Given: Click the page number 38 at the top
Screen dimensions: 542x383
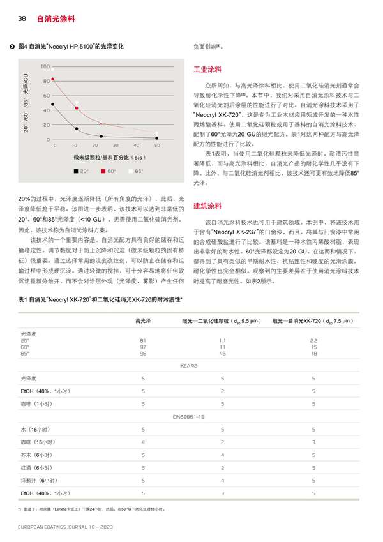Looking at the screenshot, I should click(x=20, y=19).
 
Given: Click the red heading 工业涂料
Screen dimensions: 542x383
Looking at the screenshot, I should click(x=207, y=68).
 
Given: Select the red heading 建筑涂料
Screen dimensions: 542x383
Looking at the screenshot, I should click(x=207, y=206).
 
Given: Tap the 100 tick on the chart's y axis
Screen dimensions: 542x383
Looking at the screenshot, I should click(x=45, y=67).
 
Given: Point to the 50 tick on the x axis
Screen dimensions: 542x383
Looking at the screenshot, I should click(x=157, y=146).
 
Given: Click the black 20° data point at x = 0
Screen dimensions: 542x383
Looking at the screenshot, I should click(x=54, y=104).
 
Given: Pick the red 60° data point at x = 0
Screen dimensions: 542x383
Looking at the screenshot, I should click(x=54, y=79).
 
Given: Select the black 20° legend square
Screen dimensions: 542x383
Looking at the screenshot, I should click(x=75, y=171).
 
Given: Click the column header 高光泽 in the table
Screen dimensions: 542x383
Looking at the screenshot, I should click(x=143, y=320).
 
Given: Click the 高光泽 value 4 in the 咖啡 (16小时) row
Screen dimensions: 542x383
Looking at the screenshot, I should click(x=143, y=442).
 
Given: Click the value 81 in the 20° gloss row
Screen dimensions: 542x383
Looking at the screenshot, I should click(x=143, y=340).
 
